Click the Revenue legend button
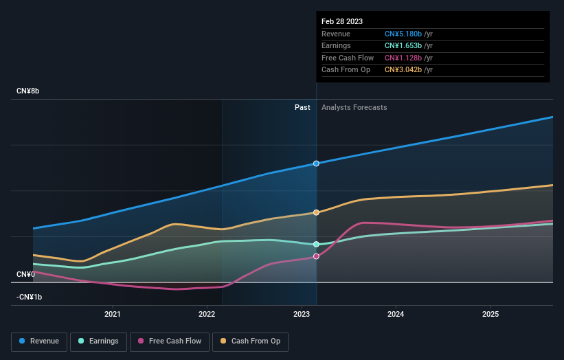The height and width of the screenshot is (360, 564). click(x=39, y=341)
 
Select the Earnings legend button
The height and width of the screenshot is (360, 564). click(x=98, y=341)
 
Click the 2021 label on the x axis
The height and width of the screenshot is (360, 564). click(x=113, y=315)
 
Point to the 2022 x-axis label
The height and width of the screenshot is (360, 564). click(x=207, y=315)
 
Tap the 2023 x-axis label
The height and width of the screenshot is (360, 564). click(x=301, y=315)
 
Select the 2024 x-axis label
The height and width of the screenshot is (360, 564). click(x=396, y=315)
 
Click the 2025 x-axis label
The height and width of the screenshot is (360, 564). click(x=490, y=315)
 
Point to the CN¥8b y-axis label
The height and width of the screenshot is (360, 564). click(x=28, y=91)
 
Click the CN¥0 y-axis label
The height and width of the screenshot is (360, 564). click(x=25, y=274)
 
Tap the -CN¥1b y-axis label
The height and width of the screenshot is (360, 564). click(x=29, y=297)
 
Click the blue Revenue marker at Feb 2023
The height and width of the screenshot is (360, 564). click(x=316, y=164)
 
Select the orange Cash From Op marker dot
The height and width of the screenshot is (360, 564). click(x=316, y=212)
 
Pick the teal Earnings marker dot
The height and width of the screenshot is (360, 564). click(x=316, y=245)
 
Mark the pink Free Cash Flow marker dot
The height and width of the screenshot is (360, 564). click(x=316, y=256)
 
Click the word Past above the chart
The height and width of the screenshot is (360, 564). click(x=302, y=107)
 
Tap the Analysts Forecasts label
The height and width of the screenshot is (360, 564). click(x=354, y=107)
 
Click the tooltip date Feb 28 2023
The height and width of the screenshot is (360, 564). click(x=342, y=21)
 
